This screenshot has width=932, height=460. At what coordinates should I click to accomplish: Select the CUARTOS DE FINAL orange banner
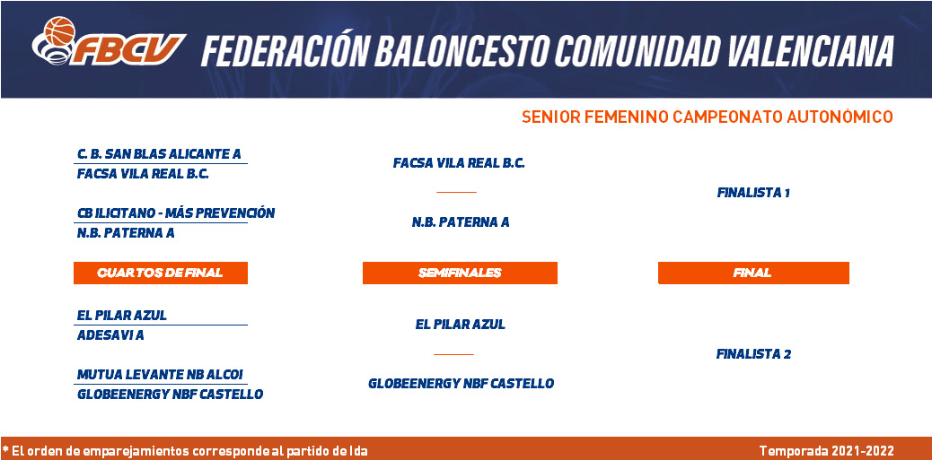(161, 273)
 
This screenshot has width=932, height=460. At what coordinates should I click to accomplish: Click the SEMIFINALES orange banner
(460, 273)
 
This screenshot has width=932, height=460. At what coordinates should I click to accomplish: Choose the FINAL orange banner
(753, 273)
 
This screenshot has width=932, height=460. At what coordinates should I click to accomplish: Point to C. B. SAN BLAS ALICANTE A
(159, 154)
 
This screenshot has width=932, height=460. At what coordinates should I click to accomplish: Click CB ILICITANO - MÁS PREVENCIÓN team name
(176, 213)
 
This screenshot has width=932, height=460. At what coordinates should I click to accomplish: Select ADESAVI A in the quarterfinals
(110, 335)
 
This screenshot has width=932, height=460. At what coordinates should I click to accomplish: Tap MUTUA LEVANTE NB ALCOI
(160, 375)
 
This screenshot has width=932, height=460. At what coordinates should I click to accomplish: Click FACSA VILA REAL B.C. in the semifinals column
(459, 163)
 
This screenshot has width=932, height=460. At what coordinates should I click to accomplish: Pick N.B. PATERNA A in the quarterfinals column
(126, 233)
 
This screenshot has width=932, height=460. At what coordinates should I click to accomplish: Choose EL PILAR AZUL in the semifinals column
(460, 325)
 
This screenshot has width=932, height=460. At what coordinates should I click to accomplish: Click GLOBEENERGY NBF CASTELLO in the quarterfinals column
(170, 395)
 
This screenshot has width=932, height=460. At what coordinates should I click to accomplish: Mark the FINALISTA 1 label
(753, 193)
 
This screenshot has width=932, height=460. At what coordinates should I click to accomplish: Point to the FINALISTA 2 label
(753, 354)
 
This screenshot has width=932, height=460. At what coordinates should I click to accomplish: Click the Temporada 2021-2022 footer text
(827, 451)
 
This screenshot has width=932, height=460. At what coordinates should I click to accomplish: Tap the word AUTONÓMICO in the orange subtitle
(840, 117)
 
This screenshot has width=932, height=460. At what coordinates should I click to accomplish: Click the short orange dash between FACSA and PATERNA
(456, 192)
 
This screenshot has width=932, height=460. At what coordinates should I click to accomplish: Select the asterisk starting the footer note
(5, 449)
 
